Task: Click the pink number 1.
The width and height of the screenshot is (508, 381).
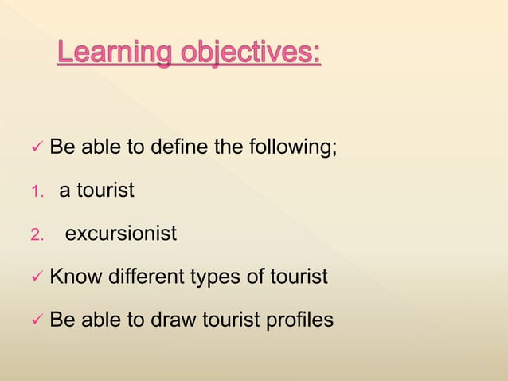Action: click(x=34, y=191)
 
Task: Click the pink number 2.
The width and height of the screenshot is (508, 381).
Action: click(x=35, y=235)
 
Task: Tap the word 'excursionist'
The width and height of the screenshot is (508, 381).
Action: click(x=120, y=234)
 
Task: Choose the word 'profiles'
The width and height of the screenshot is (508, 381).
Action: click(x=302, y=320)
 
